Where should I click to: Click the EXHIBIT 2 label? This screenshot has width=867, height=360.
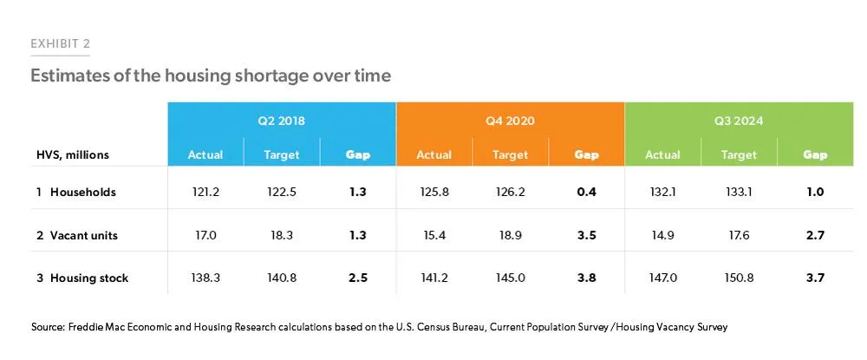(61, 44)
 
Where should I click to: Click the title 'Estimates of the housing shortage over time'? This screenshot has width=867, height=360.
(211, 75)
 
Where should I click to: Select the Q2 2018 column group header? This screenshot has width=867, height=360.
(282, 121)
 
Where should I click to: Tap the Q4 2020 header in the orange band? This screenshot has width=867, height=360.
(510, 121)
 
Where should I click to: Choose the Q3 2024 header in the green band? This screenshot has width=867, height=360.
(739, 121)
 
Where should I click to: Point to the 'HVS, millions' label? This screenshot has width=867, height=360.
(69, 155)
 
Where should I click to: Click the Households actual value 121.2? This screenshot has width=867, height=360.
(205, 193)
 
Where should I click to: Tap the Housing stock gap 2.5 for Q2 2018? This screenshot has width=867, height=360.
(358, 278)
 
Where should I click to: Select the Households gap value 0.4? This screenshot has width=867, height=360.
(586, 193)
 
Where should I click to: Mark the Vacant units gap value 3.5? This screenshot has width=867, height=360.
(586, 236)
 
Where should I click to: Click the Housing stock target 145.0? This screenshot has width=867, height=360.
(510, 278)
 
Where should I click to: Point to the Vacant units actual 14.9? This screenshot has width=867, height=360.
(662, 236)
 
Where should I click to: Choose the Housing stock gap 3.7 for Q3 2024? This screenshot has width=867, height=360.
(815, 278)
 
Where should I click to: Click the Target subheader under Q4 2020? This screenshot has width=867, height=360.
(510, 154)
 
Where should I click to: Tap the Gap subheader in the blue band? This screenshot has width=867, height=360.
(358, 155)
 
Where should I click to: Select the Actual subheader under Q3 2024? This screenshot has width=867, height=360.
(662, 154)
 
